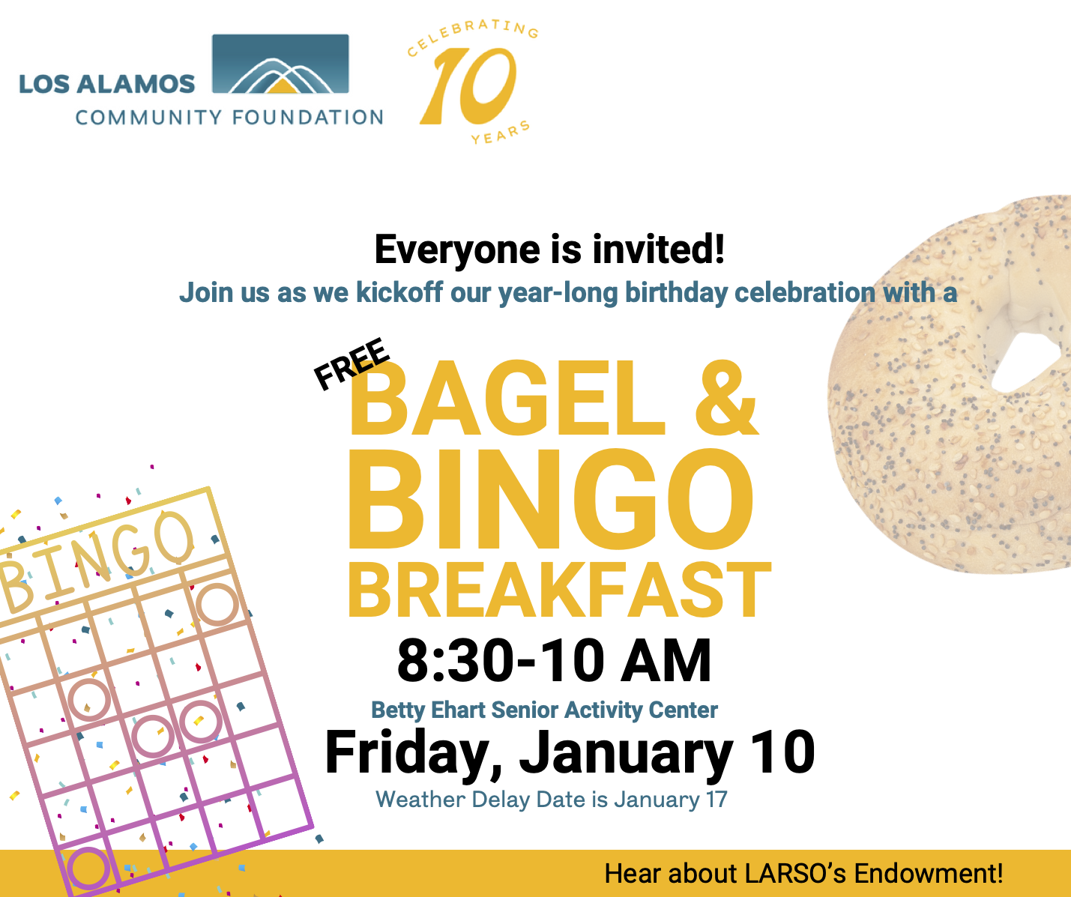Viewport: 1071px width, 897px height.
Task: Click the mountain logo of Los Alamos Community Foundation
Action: click(280, 64)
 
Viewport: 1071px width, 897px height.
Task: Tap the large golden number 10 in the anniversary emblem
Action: click(468, 85)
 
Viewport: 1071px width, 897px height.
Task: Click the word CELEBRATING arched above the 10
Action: click(472, 36)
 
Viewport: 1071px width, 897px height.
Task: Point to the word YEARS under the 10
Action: click(501, 133)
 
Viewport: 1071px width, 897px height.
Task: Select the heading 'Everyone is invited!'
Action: click(549, 250)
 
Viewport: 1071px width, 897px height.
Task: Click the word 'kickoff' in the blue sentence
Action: click(399, 292)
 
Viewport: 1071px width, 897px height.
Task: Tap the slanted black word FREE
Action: click(352, 363)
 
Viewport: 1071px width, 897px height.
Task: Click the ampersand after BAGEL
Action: click(726, 397)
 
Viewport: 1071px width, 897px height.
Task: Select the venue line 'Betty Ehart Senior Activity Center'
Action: click(544, 710)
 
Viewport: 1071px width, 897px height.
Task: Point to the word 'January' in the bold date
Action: click(627, 754)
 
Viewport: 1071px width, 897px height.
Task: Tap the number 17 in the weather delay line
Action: click(716, 800)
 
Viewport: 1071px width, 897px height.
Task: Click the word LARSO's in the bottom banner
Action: click(794, 874)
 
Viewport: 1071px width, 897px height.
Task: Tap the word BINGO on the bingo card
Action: click(97, 561)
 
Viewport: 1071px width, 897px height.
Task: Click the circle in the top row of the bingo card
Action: click(217, 605)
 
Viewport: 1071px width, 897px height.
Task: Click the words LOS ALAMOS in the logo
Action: click(106, 84)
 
